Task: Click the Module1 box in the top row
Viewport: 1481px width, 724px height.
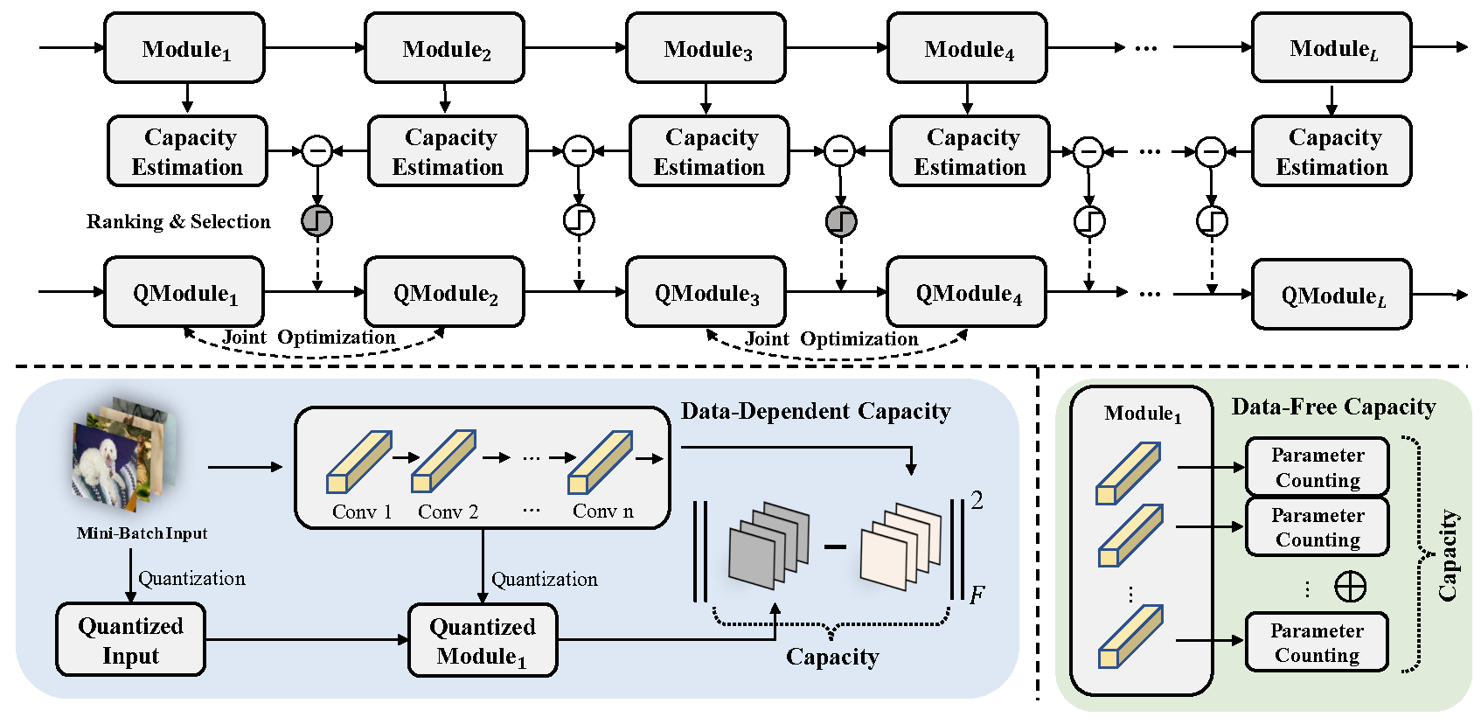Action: click(x=184, y=49)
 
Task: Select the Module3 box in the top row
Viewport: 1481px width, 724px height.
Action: click(x=706, y=49)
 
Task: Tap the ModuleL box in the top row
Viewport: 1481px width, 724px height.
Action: click(x=1331, y=49)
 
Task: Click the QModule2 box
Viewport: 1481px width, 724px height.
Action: click(x=444, y=293)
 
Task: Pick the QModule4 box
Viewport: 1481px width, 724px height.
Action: click(x=966, y=293)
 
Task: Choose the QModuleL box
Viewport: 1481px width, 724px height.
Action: click(x=1331, y=296)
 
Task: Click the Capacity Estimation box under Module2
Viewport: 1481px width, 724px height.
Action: click(x=448, y=151)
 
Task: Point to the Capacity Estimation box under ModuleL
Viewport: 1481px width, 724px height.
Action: click(x=1331, y=151)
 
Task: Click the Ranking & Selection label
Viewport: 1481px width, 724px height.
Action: click(x=178, y=221)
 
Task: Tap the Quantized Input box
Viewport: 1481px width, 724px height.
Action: click(x=130, y=640)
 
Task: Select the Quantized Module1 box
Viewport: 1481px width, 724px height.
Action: click(x=483, y=641)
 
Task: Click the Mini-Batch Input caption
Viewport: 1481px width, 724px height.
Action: click(x=142, y=533)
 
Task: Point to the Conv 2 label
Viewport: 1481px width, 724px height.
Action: click(x=448, y=512)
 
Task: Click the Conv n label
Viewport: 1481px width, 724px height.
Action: click(x=602, y=512)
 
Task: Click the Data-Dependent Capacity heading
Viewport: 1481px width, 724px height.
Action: click(x=815, y=411)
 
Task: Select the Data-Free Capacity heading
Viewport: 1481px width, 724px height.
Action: click(x=1333, y=407)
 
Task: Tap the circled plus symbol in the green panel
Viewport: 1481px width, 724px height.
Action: click(x=1350, y=586)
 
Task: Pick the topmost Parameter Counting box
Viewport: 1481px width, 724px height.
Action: click(x=1317, y=467)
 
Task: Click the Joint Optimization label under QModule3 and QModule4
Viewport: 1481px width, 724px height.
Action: click(x=831, y=339)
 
